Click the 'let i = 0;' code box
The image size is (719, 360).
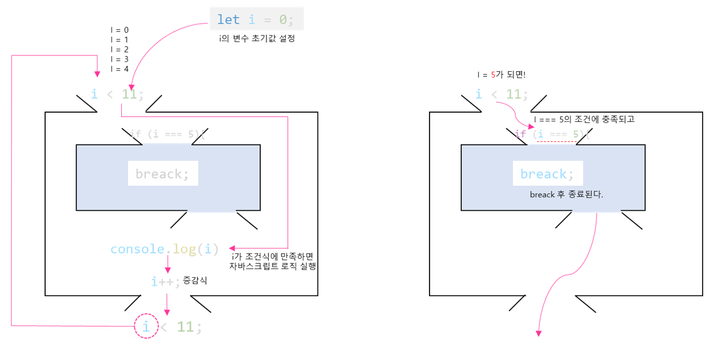257,19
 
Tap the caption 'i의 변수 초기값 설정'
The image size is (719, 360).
257,39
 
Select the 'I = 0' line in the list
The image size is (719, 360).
119,30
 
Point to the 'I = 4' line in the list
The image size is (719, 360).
119,69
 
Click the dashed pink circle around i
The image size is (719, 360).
146,326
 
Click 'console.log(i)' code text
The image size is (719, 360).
164,249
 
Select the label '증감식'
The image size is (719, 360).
195,280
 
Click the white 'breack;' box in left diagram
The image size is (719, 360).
163,174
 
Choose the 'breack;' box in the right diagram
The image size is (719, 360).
547,174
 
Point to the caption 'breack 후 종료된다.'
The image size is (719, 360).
566,194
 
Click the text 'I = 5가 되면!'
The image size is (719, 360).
501,75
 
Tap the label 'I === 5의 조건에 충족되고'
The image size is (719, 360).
584,119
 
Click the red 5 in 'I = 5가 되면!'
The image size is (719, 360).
493,75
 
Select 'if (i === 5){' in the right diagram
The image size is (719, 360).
552,134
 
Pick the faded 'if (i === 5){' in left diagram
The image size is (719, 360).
168,134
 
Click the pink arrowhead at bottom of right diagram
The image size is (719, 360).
539,333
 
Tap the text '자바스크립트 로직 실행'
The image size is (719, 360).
272,266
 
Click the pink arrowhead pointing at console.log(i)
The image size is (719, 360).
233,248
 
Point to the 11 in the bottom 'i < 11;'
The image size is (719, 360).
185,327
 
